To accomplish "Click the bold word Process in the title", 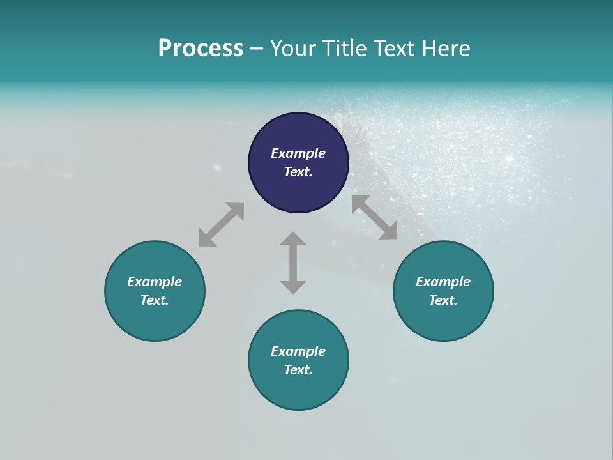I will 201,49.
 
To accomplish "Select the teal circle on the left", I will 155,319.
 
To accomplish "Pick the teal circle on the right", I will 443,319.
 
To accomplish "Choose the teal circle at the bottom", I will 298,390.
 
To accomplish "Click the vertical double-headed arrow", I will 293,263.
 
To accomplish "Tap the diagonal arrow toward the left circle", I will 221,224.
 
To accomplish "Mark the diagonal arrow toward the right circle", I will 374,217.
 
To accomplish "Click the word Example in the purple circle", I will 298,153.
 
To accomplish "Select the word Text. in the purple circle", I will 298,172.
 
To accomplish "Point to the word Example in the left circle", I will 155,282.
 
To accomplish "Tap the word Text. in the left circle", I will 155,300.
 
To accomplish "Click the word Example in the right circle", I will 443,282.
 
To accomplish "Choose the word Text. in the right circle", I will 443,300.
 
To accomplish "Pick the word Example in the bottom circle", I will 298,351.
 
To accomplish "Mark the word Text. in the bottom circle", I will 298,370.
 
